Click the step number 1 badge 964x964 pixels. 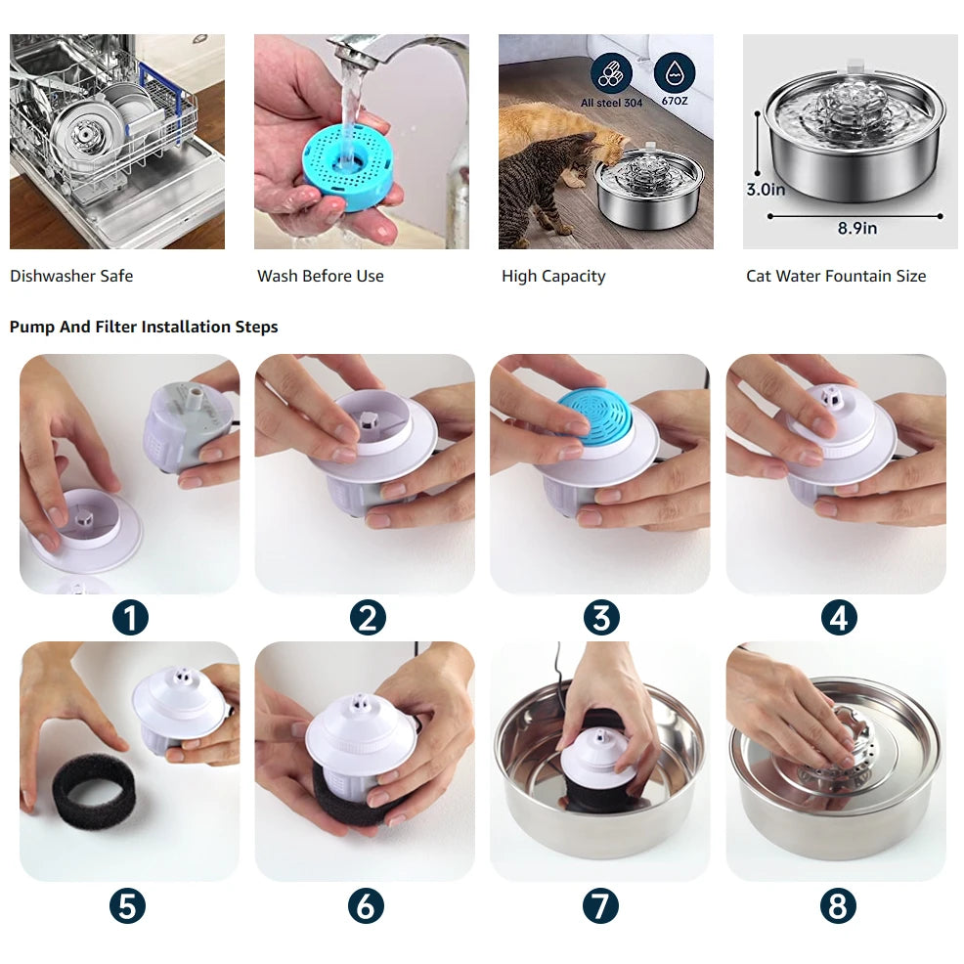click(x=129, y=618)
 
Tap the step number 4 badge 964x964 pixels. click(x=838, y=618)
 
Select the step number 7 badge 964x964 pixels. click(x=600, y=905)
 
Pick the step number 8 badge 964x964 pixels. click(x=838, y=905)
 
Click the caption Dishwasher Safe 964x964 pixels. click(x=71, y=276)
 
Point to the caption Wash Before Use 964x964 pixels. click(x=321, y=276)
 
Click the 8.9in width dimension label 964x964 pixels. click(x=856, y=229)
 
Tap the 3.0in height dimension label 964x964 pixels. click(x=766, y=190)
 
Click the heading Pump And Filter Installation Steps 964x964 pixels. click(x=144, y=327)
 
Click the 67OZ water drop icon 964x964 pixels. click(x=675, y=74)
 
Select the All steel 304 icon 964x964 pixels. click(x=611, y=74)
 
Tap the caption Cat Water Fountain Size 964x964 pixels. click(x=835, y=276)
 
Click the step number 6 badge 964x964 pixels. click(x=365, y=905)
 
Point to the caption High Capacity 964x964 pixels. click(x=553, y=276)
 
